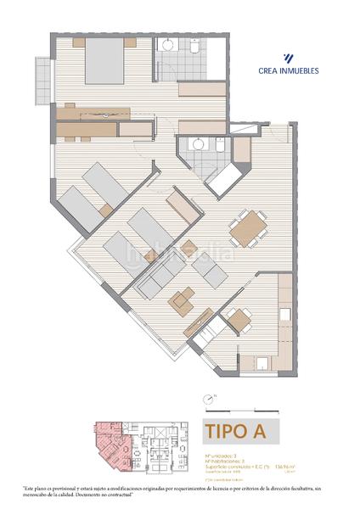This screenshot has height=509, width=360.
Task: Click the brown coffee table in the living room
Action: click(x=183, y=299)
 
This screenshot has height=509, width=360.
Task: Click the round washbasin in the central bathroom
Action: click(x=197, y=145)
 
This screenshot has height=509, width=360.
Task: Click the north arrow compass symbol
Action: click(x=207, y=399)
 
